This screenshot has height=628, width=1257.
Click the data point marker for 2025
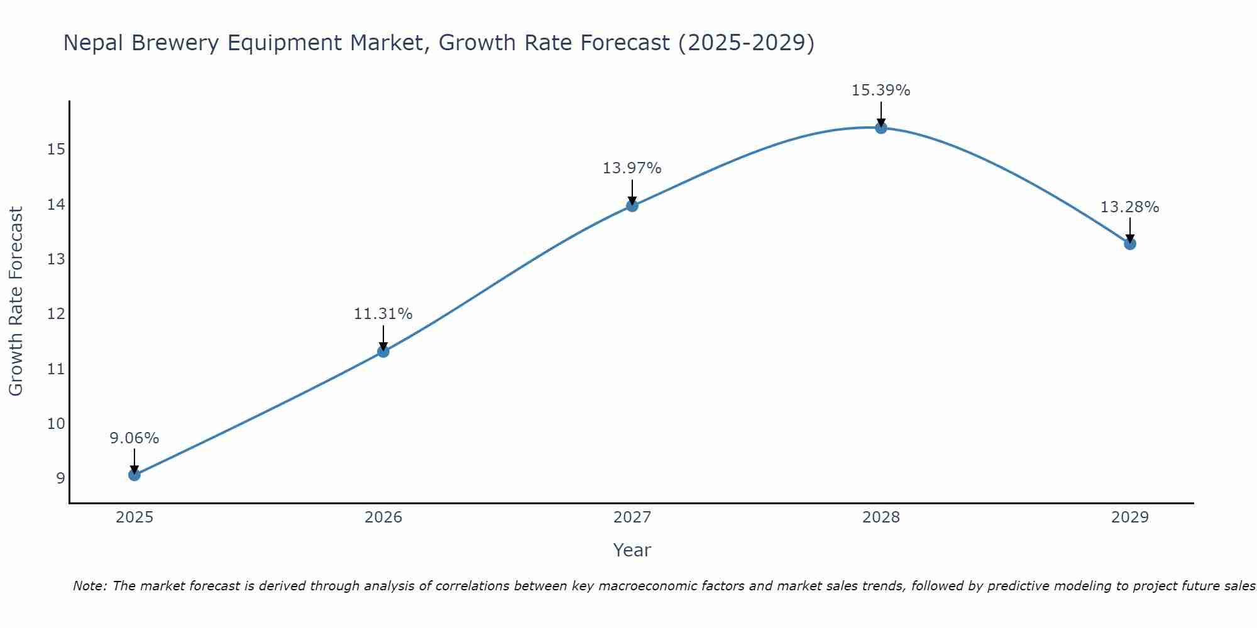pyautogui.click(x=134, y=475)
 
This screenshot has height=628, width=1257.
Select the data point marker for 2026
pyautogui.click(x=383, y=352)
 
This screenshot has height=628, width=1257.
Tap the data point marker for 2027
pyautogui.click(x=632, y=206)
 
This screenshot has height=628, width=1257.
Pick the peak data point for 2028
pyautogui.click(x=881, y=128)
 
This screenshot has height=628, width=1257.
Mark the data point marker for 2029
pyautogui.click(x=1130, y=244)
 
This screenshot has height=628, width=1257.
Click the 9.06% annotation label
pyautogui.click(x=134, y=438)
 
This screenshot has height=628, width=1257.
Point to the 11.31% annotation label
pyautogui.click(x=383, y=314)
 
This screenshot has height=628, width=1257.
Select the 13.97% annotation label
pyautogui.click(x=632, y=168)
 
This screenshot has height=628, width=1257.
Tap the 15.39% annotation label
pyautogui.click(x=881, y=90)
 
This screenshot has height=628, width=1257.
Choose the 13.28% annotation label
pyautogui.click(x=1129, y=207)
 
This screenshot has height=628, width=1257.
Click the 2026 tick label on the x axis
pyautogui.click(x=383, y=517)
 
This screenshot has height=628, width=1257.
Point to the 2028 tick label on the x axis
pyautogui.click(x=881, y=517)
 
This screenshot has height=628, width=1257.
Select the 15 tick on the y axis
pyautogui.click(x=56, y=149)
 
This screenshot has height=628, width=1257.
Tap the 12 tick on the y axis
pyautogui.click(x=56, y=314)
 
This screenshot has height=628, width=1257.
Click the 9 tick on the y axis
pyautogui.click(x=60, y=479)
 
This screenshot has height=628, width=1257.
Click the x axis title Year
pyautogui.click(x=632, y=550)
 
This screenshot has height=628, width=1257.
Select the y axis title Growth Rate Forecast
pyautogui.click(x=16, y=301)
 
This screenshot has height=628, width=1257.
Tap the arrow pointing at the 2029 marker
pyautogui.click(x=1130, y=231)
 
